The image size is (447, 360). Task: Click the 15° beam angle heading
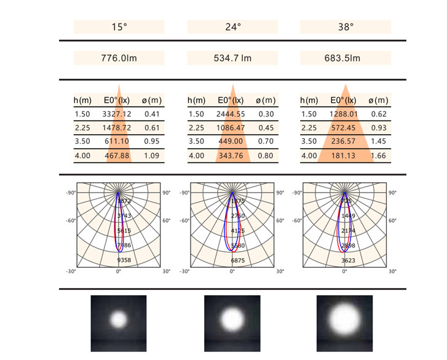tap(119, 27)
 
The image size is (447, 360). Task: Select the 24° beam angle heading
tap(232, 27)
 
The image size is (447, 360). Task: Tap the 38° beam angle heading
tap(346, 27)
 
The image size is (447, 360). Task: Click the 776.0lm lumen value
tap(119, 58)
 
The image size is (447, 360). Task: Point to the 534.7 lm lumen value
tap(232, 58)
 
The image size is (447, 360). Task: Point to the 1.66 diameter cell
tap(379, 156)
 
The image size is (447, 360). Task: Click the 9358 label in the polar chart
tap(124, 260)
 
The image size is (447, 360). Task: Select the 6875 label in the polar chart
tap(237, 260)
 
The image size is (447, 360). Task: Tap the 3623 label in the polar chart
tap(350, 260)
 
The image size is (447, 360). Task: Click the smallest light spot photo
tap(119, 319)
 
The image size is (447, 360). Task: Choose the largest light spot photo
tap(344, 321)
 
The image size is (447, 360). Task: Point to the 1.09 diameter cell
tap(151, 156)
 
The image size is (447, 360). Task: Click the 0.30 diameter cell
tap(266, 114)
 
